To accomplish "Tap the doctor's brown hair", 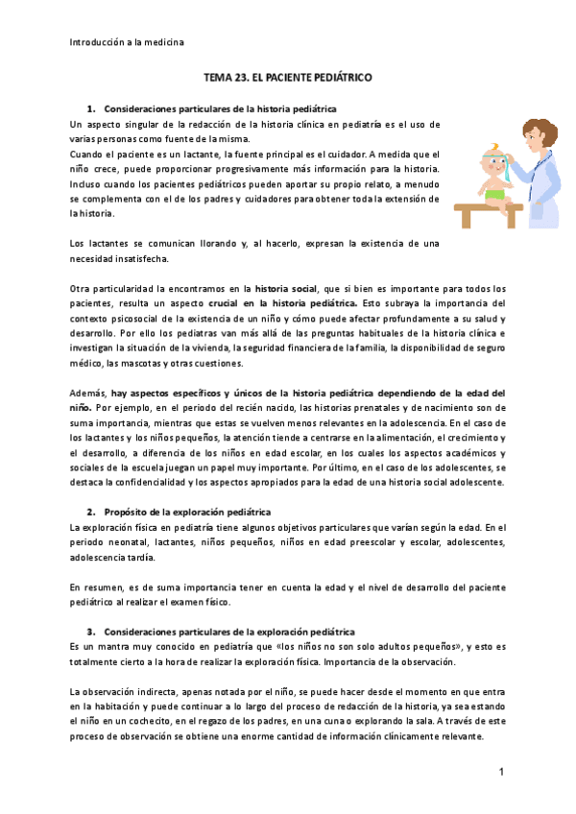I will (x=534, y=132).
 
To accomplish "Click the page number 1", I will (x=501, y=772).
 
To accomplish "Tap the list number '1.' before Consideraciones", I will (x=92, y=109).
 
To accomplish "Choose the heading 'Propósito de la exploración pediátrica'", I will (x=187, y=512).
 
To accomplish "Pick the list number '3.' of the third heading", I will (x=92, y=632).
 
